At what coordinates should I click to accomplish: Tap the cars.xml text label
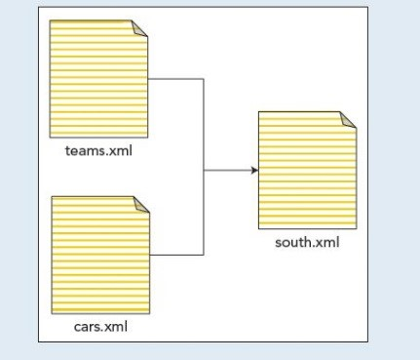click(100, 326)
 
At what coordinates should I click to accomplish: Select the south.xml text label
click(307, 242)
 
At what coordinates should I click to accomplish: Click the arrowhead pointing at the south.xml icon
click(254, 171)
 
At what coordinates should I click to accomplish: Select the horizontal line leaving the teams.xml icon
click(176, 79)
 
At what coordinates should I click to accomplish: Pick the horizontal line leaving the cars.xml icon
click(176, 255)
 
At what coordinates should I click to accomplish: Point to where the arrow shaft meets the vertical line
click(203, 171)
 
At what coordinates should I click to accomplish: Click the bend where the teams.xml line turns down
click(203, 79)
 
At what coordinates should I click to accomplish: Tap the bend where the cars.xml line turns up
click(203, 255)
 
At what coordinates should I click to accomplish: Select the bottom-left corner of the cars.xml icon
click(52, 313)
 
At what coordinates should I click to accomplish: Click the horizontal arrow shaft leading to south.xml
click(228, 171)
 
